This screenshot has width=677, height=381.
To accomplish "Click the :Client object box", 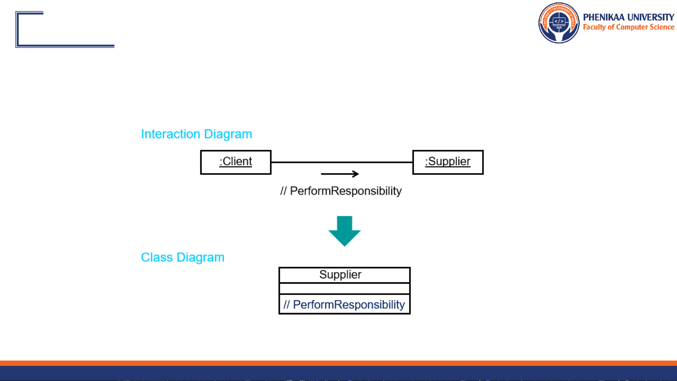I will (236, 162).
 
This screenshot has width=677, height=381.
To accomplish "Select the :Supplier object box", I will (448, 162).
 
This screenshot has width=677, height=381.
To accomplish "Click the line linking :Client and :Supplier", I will (342, 162).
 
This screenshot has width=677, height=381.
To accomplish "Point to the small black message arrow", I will (340, 174).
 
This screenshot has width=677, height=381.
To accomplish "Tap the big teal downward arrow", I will (344, 231).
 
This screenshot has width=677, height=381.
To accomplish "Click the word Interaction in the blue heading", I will (171, 134).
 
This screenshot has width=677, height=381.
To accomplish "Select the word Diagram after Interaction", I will (228, 134).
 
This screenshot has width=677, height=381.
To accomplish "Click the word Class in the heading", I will (157, 257).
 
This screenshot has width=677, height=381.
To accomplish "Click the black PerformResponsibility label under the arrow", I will (345, 191).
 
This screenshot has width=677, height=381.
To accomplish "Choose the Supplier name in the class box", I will (340, 275).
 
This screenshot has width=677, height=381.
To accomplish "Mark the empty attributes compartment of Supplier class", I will (344, 289).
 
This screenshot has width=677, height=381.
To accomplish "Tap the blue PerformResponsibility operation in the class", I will (349, 305).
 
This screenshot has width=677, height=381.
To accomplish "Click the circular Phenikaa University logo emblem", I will (559, 23).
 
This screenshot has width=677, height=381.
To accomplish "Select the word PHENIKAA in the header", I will (604, 17).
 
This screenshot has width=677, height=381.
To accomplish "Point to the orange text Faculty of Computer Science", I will (628, 27).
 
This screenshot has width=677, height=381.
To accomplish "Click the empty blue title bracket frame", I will (65, 30).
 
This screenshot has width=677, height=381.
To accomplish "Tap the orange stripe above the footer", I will (338, 363).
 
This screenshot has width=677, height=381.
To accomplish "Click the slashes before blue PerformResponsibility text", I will (287, 305).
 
